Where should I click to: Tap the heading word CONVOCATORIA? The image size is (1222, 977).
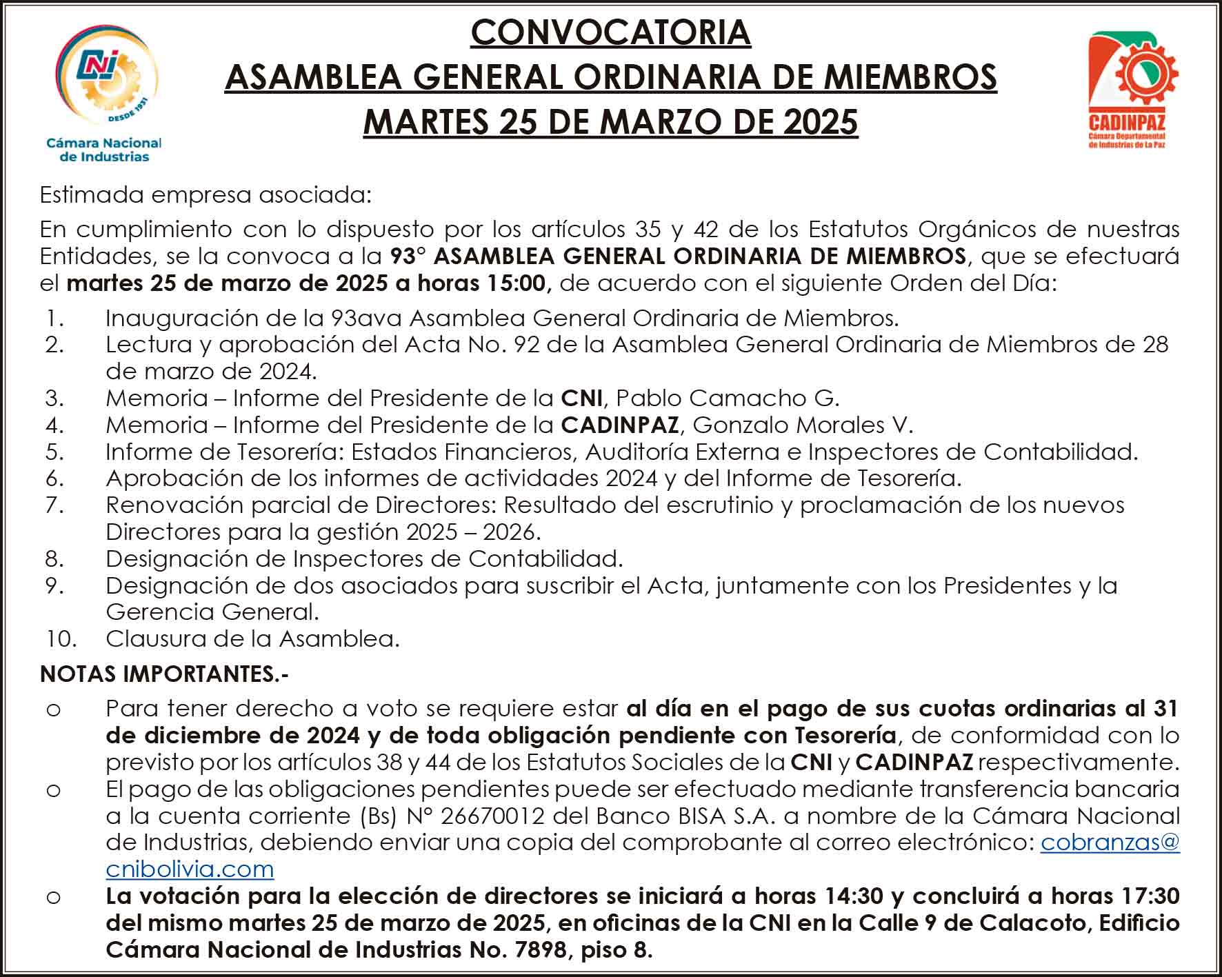(x=610, y=32)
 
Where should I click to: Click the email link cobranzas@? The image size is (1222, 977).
(x=1110, y=843)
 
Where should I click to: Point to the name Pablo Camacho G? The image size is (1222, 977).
(x=727, y=398)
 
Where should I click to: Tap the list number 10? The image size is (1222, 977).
(x=61, y=638)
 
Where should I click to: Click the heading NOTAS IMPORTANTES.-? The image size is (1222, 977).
(x=164, y=674)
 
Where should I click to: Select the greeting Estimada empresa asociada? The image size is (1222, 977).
(x=206, y=195)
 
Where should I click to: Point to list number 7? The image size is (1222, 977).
(x=54, y=505)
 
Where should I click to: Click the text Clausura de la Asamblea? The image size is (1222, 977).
(x=252, y=638)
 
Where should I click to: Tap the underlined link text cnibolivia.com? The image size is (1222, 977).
(x=190, y=869)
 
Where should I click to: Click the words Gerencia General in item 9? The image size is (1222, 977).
(x=211, y=612)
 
